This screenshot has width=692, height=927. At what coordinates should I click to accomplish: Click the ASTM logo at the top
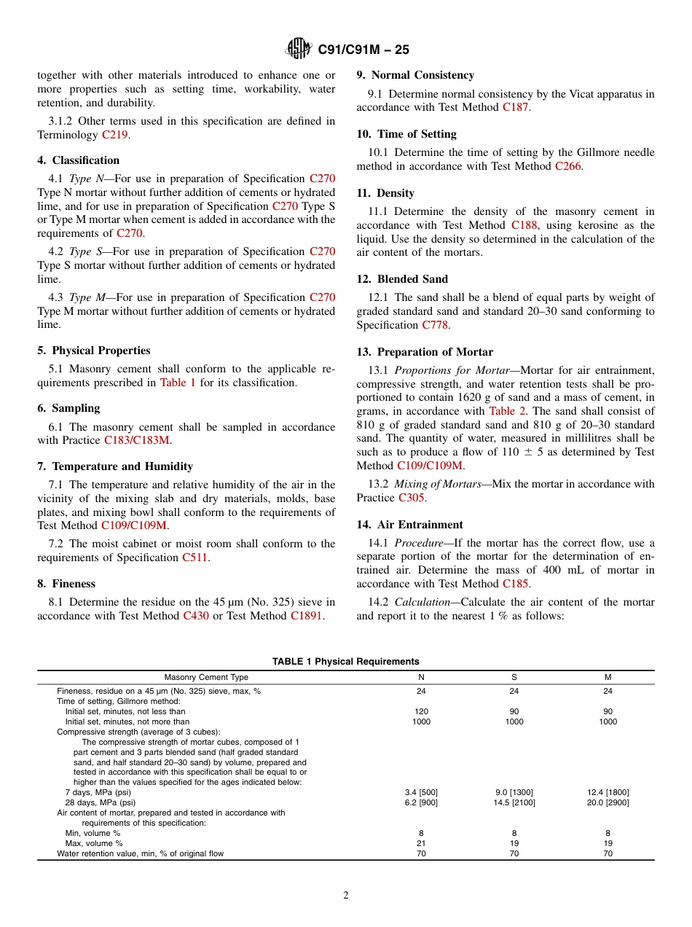coord(299,49)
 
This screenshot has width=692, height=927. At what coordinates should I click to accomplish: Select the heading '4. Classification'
coord(79,160)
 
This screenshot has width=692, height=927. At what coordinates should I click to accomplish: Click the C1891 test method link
coord(306,616)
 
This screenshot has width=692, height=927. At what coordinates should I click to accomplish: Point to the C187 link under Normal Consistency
coord(516,107)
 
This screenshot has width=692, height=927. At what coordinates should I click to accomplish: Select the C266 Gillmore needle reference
coord(568,166)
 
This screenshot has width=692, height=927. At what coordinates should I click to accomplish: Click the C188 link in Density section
coord(524,225)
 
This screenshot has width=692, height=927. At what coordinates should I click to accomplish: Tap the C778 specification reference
coord(435,325)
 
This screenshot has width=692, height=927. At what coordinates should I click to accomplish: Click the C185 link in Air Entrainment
coord(516,584)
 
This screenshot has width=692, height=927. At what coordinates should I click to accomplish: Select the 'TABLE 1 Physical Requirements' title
coord(345,662)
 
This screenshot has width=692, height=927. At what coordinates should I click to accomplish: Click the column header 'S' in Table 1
coord(514,678)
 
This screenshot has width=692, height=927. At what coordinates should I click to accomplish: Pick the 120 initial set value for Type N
coord(421,711)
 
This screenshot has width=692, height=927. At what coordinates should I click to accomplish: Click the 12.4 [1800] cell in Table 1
coord(608,792)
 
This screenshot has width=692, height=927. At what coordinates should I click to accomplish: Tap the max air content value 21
coord(421,843)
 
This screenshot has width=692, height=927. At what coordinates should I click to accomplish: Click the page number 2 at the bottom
coord(346,896)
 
